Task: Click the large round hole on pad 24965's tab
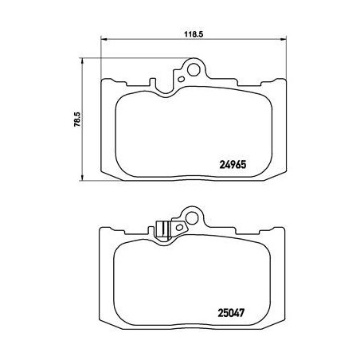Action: tap(191, 68)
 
